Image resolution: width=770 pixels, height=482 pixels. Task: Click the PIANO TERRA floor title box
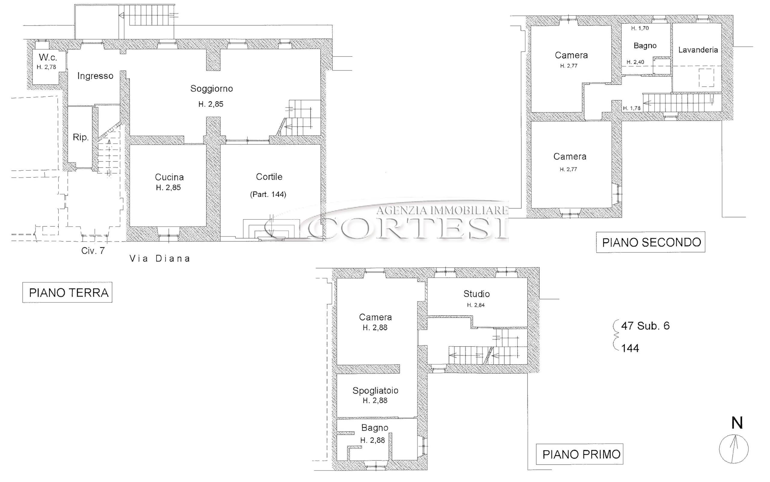click(x=67, y=292)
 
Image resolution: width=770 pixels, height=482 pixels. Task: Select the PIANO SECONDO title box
click(x=651, y=242)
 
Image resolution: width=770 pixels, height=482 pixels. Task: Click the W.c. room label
click(x=48, y=57)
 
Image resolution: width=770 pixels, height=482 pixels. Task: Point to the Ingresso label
click(x=95, y=76)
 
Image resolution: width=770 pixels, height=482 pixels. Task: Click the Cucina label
click(x=169, y=177)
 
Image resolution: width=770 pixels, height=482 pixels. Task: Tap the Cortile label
click(x=269, y=177)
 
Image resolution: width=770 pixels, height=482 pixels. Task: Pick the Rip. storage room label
click(x=81, y=137)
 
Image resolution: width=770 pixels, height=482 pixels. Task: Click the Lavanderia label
click(x=698, y=50)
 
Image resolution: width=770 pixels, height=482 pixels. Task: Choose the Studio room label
click(x=476, y=294)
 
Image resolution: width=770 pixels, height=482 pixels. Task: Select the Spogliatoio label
click(x=375, y=391)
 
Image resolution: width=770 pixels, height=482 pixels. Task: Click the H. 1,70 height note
click(x=640, y=28)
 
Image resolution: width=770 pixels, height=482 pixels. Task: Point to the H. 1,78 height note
click(x=632, y=108)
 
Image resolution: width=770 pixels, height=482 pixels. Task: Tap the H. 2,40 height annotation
click(x=635, y=62)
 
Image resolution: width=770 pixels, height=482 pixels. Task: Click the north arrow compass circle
click(x=734, y=449)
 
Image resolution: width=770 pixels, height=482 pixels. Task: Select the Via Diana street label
click(x=160, y=258)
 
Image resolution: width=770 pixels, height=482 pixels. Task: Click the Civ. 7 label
click(x=93, y=251)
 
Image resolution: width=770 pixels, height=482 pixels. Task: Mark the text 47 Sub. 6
click(x=645, y=326)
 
